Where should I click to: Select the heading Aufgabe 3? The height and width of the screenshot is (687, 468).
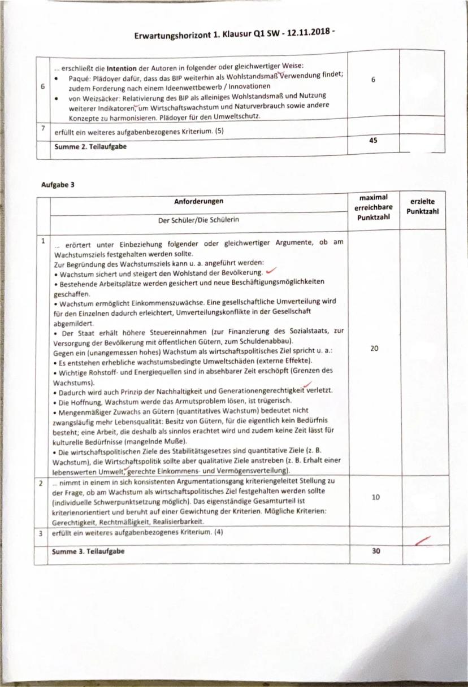58,184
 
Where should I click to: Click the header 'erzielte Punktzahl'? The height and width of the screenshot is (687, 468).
422,206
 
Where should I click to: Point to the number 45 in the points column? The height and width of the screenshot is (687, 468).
373,142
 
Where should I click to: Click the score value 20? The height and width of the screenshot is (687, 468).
374,349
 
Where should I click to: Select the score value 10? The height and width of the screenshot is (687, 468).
375,497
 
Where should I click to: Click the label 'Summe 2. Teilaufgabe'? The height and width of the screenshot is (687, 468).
90,146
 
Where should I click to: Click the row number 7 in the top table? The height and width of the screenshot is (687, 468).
43,128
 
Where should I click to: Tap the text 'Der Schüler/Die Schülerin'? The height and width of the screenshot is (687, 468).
198,220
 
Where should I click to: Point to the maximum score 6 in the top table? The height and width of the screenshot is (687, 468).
373,80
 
